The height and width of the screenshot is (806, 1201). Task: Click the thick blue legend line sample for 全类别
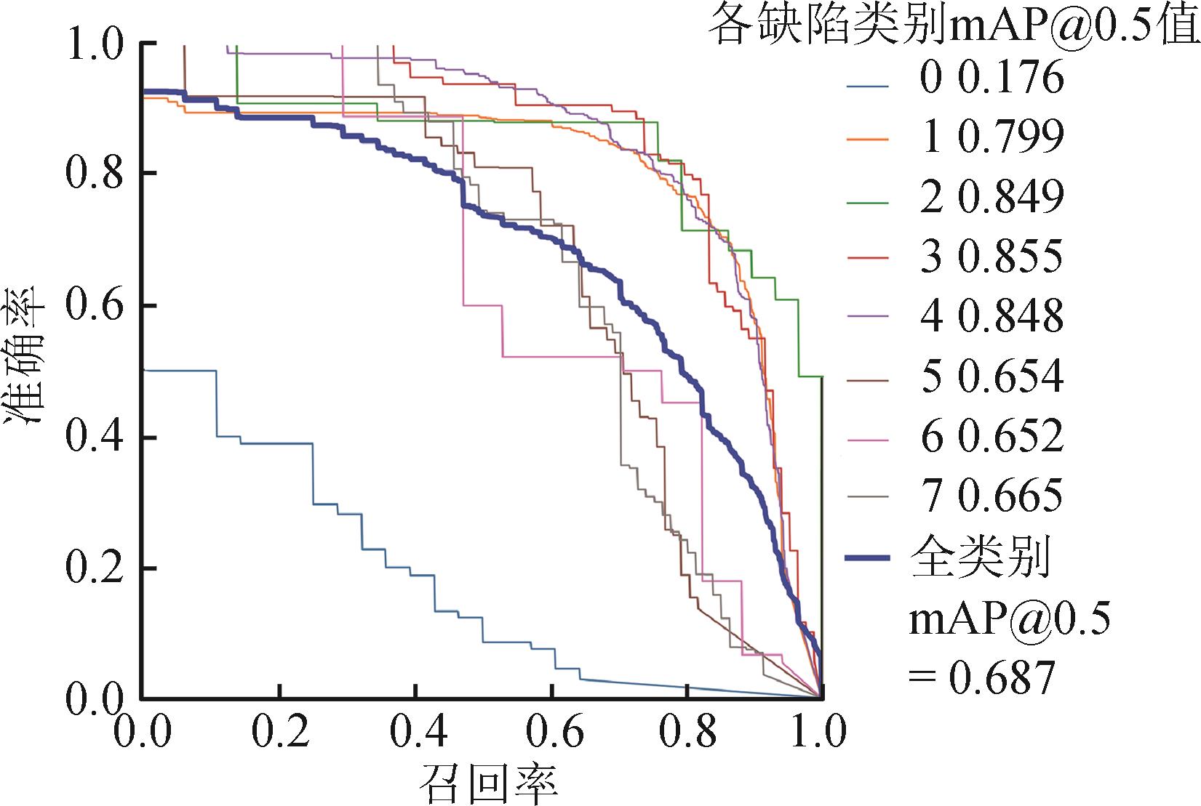pyautogui.click(x=869, y=558)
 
